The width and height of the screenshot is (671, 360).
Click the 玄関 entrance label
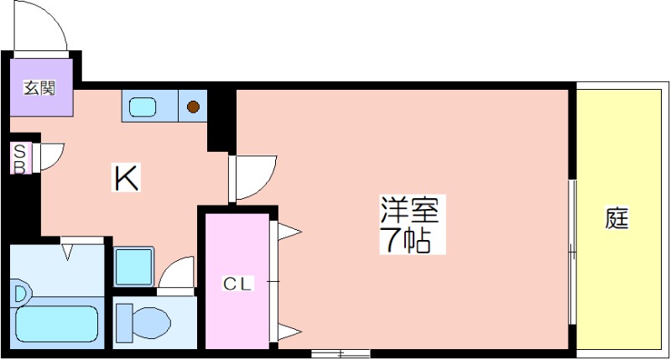pos(39,88)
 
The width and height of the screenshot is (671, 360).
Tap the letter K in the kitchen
pos(125,178)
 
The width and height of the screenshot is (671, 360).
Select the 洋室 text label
pos(410,209)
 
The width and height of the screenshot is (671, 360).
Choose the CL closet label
pos(238,284)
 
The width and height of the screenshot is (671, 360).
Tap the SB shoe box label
pos(19,159)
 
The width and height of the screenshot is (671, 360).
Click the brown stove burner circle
pos(193,107)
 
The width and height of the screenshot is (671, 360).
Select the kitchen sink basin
pos(143,107)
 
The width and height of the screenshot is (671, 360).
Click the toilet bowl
pos(151,322)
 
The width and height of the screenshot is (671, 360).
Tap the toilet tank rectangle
pos(124,323)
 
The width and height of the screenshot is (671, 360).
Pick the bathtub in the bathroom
pos(57,324)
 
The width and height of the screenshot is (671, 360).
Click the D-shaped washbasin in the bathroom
pos(20,293)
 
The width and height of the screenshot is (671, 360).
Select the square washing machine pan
pos(133,266)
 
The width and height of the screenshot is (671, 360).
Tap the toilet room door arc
pos(176,272)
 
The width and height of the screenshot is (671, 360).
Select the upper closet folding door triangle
pos(289,232)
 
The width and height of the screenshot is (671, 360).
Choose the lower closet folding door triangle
pos(289,331)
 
